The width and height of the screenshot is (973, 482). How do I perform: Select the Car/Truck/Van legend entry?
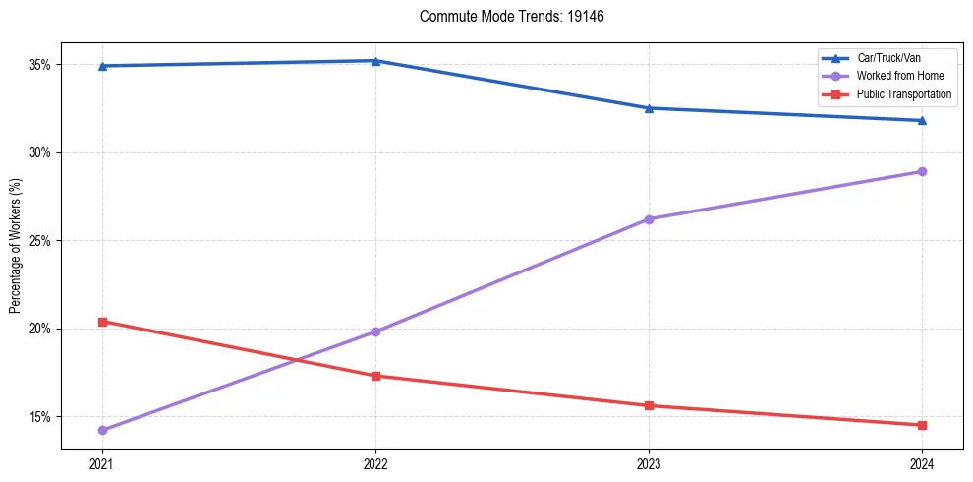[888, 58]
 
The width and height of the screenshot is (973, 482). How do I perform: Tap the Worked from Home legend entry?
[900, 77]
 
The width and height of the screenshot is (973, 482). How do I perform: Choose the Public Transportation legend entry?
[904, 94]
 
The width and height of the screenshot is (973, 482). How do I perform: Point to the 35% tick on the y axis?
[40, 65]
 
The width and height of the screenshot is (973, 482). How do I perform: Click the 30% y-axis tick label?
[40, 152]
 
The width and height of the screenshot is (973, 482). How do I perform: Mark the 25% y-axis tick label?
[40, 241]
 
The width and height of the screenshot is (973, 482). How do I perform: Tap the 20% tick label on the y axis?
[40, 329]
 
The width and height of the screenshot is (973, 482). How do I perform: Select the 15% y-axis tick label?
[40, 416]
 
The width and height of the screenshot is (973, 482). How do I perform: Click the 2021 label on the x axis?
[102, 463]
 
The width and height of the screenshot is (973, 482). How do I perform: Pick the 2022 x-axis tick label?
[375, 463]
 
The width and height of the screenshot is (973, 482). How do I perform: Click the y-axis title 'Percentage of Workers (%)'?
[16, 246]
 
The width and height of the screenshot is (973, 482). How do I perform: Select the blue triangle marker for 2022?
[375, 61]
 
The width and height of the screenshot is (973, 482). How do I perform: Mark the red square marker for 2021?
[102, 322]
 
